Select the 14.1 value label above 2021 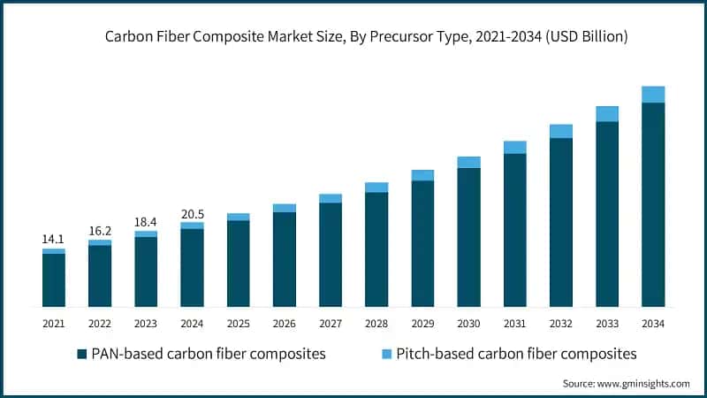(54, 239)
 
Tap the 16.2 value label (100, 230)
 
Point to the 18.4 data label (146, 221)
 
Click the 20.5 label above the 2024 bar (192, 213)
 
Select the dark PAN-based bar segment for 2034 (653, 203)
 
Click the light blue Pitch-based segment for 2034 (653, 95)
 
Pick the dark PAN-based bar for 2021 (54, 279)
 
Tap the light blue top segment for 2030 (468, 162)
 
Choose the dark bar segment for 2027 (331, 255)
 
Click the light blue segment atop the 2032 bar (561, 131)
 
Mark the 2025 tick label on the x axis (239, 325)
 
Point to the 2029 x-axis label (422, 325)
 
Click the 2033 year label (607, 325)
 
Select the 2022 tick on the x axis (100, 325)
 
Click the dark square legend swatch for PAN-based (82, 354)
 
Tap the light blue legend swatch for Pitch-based (386, 354)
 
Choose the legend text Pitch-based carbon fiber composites (517, 354)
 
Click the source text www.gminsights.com (626, 383)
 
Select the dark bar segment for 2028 (376, 249)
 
